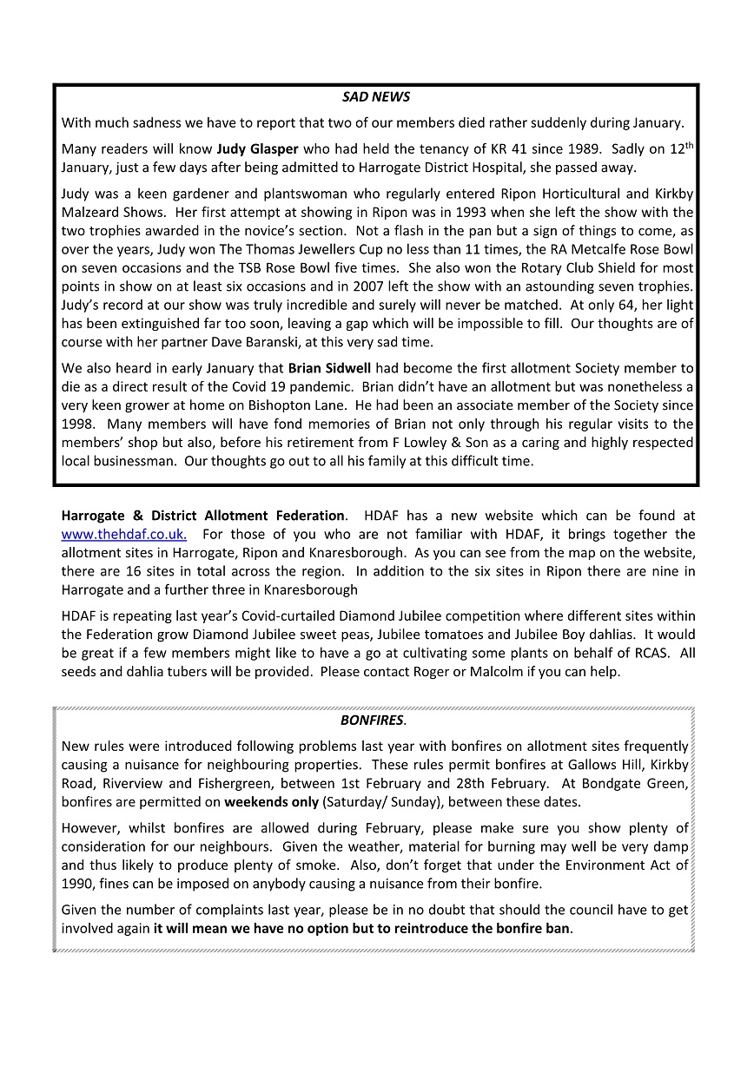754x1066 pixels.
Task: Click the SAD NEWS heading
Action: point(376,97)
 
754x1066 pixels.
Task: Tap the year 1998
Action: point(77,424)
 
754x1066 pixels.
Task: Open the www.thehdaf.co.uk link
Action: point(123,535)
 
